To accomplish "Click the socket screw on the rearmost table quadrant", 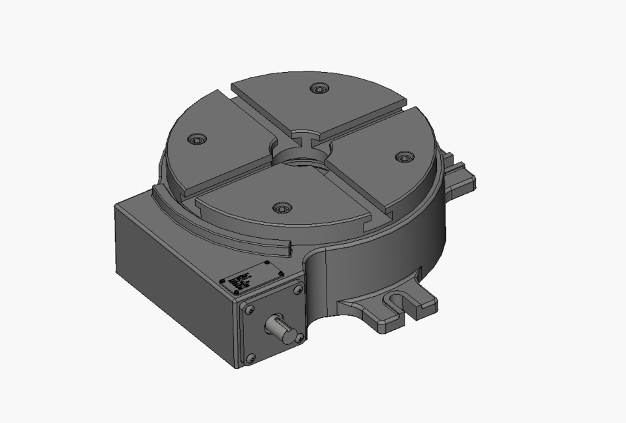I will tap(320, 88).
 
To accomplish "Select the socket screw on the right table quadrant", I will tap(404, 157).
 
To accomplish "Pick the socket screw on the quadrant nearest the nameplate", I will tap(282, 208).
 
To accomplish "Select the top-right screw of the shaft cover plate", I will tap(296, 286).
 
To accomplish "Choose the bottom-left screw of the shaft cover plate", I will tap(250, 358).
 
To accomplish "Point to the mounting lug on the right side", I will tap(460, 172).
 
